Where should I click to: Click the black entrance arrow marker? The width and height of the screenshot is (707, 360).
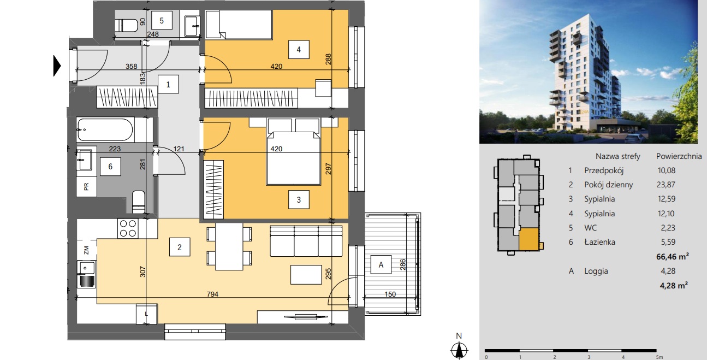coord(57,66)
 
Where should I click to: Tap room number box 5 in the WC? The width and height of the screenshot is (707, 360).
coord(162,21)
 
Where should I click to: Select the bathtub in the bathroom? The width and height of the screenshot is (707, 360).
coord(105,130)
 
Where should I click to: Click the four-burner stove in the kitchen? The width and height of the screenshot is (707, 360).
coord(128,228)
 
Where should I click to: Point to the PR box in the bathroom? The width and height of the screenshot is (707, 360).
coord(86,187)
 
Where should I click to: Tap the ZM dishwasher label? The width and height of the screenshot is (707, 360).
coord(86,250)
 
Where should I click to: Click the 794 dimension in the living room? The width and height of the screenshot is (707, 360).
coord(212,294)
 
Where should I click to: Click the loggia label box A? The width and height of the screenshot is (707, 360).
coord(381,264)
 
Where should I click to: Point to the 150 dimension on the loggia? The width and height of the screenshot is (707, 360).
coord(390,294)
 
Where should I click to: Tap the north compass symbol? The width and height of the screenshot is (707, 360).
coord(459,350)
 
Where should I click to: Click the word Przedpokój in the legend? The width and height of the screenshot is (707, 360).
coord(604,170)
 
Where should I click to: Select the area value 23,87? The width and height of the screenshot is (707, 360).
coord(666,185)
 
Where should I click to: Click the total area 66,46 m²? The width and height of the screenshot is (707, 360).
coord(672,256)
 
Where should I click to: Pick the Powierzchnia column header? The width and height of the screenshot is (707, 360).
coord(679,156)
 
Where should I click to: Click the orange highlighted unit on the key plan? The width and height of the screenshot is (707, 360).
coord(528,239)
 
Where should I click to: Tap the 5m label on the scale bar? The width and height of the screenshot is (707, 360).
coord(660,357)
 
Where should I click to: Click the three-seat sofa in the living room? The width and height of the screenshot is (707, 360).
coord(306,241)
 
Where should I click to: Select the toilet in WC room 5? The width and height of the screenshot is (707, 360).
coord(127,25)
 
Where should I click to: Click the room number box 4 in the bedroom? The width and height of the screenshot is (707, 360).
coord(299,49)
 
